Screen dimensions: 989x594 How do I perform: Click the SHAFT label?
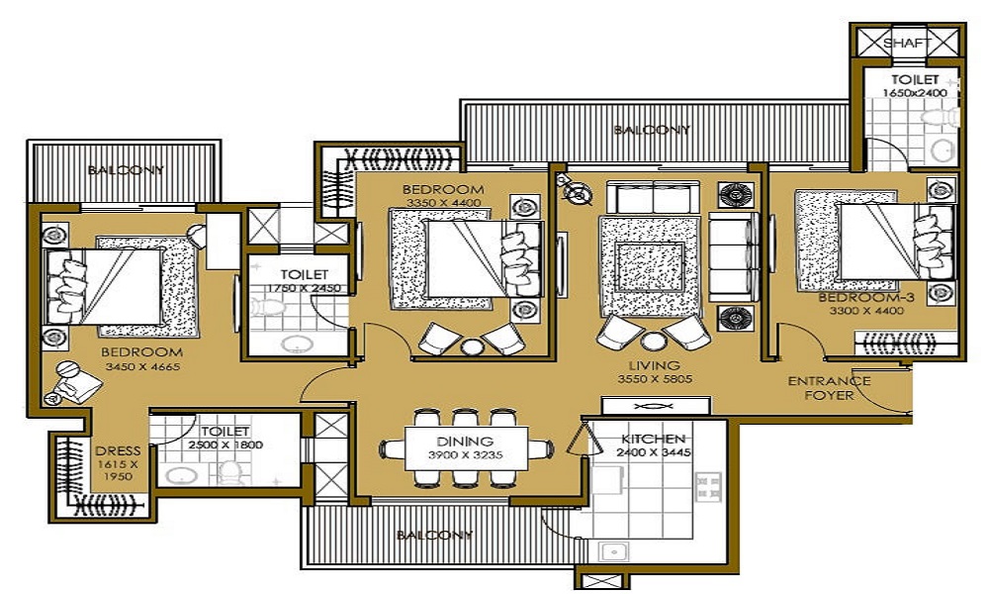(x=907, y=43)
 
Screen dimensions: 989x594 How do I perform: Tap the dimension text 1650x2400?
(x=915, y=93)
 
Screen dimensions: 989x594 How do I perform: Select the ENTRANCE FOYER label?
(x=829, y=388)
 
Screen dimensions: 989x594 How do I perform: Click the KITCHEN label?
(x=653, y=439)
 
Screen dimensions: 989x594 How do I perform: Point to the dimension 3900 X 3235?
(x=466, y=454)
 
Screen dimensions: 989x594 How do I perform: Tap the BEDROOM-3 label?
(x=866, y=297)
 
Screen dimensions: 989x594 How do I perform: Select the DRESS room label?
(x=118, y=450)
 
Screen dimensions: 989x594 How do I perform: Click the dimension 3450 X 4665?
(x=142, y=366)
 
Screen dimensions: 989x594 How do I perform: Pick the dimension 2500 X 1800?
(x=225, y=445)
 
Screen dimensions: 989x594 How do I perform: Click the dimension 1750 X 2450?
(x=304, y=288)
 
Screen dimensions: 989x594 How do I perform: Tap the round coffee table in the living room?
(x=654, y=341)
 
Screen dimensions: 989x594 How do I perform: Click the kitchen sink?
(x=613, y=551)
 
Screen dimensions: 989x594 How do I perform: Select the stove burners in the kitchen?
(x=708, y=486)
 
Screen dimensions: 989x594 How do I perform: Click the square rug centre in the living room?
(x=650, y=267)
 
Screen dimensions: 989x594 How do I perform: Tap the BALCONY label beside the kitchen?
(x=434, y=536)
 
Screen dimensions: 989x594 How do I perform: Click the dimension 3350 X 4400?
(x=443, y=203)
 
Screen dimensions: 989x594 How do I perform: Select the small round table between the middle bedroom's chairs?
(x=471, y=347)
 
